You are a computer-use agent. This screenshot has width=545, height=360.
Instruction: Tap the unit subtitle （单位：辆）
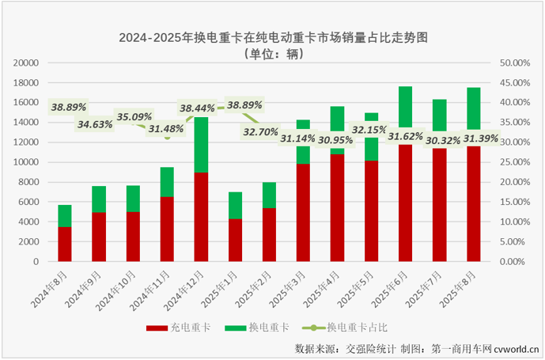click(273, 54)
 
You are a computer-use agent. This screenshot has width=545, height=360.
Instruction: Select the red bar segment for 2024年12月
click(201, 216)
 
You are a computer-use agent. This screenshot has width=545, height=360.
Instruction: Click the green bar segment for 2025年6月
click(405, 107)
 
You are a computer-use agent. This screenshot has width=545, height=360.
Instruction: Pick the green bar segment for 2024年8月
click(65, 216)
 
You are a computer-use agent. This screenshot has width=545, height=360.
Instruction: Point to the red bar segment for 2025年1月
click(235, 240)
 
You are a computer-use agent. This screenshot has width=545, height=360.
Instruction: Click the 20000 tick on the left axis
click(26, 63)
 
